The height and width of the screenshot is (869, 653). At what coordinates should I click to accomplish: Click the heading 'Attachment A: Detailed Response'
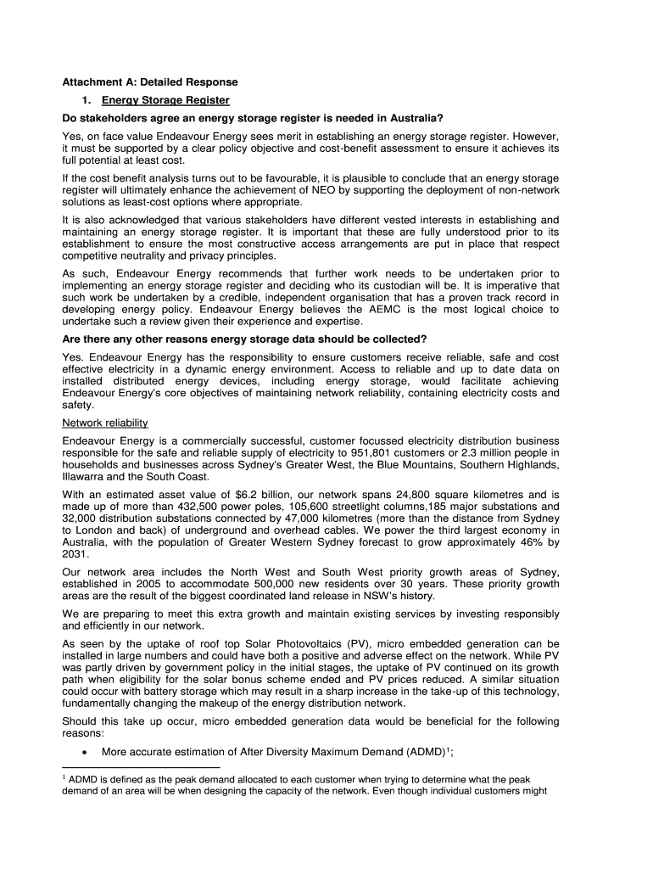click(x=150, y=82)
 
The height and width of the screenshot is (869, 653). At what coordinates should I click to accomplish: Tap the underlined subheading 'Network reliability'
click(x=105, y=423)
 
